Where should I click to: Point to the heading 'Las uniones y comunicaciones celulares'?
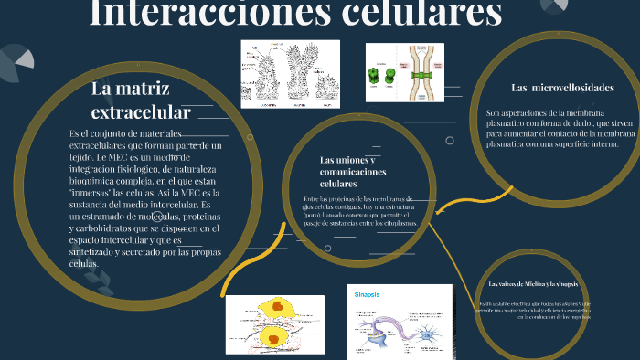[348, 172]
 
